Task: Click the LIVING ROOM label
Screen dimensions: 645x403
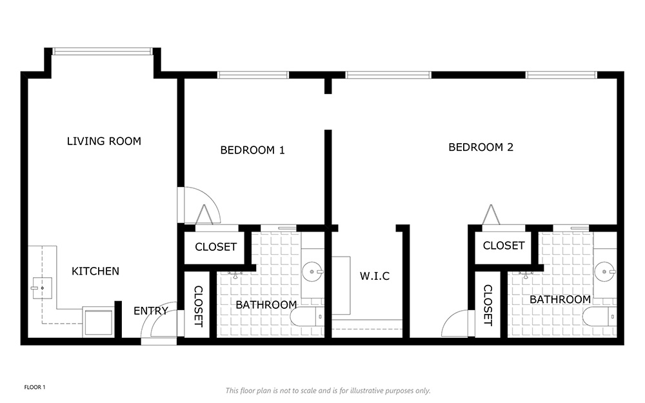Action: point(104,141)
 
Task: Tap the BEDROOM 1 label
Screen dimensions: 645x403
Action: point(253,150)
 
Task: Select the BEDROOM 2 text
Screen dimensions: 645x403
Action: point(481,147)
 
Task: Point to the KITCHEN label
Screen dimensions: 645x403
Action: point(95,271)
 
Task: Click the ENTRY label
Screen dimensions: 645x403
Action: point(151,311)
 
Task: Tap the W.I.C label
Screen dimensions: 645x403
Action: point(375,276)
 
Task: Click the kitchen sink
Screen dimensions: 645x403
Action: point(42,288)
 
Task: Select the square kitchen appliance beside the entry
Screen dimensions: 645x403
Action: point(98,322)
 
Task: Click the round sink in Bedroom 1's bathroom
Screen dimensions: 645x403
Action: point(313,272)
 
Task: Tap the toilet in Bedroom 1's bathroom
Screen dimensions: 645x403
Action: point(307,317)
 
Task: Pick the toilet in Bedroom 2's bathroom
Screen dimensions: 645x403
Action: point(600,317)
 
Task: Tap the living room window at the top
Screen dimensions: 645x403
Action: point(103,52)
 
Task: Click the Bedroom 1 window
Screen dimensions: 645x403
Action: point(253,75)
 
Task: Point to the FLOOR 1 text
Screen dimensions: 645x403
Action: point(35,388)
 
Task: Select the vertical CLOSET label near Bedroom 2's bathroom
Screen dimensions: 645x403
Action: point(488,306)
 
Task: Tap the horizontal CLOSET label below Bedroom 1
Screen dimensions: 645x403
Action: point(216,247)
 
